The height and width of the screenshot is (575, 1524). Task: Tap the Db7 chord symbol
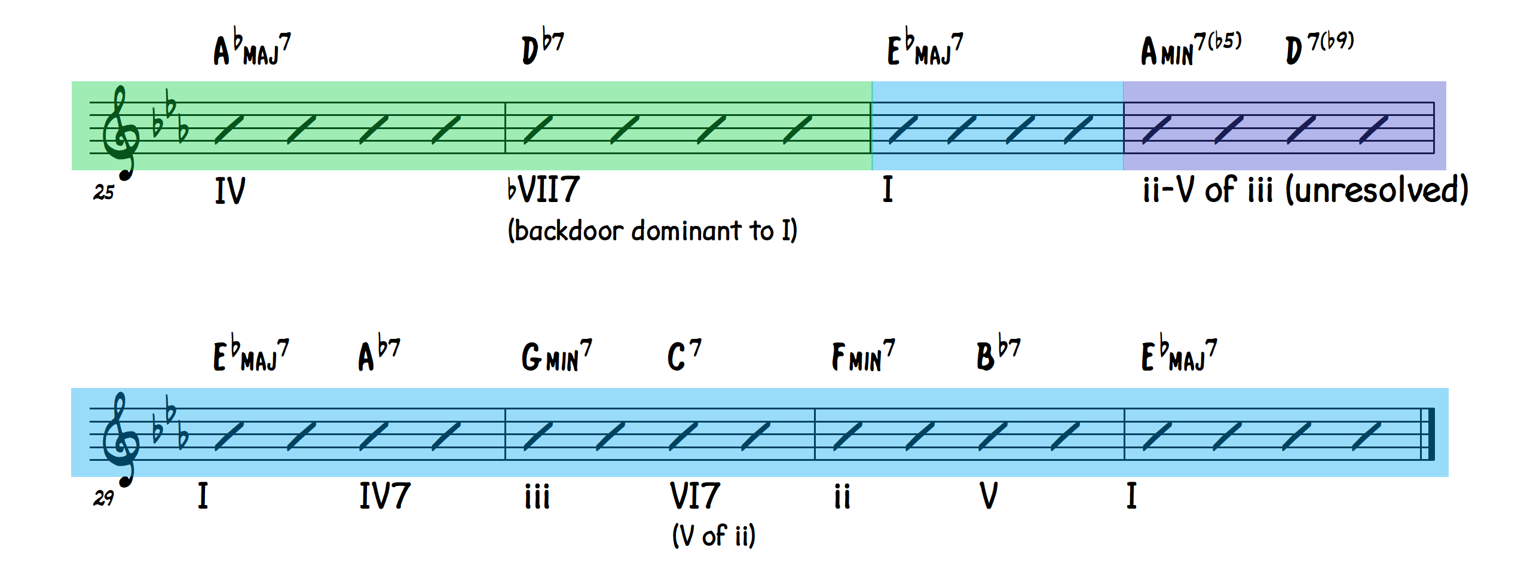[543, 45]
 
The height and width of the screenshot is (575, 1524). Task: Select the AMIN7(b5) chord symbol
[1191, 48]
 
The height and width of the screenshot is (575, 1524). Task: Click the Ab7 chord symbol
[379, 354]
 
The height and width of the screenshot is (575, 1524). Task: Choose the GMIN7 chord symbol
[556, 356]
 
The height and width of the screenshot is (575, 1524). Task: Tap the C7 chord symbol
[684, 356]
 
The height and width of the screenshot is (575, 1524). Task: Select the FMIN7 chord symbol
[863, 356]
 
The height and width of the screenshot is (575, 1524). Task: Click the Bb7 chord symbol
[999, 354]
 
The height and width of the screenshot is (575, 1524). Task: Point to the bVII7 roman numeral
[543, 190]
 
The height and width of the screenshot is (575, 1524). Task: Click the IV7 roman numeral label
[384, 496]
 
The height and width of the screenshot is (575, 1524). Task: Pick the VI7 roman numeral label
[694, 496]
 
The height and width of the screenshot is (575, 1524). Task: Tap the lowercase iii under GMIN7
[537, 497]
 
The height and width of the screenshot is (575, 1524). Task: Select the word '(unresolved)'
[1376, 190]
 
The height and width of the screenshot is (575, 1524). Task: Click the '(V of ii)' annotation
[714, 536]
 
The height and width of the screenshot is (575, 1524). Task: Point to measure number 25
[103, 192]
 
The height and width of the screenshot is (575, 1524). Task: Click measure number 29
[103, 498]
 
